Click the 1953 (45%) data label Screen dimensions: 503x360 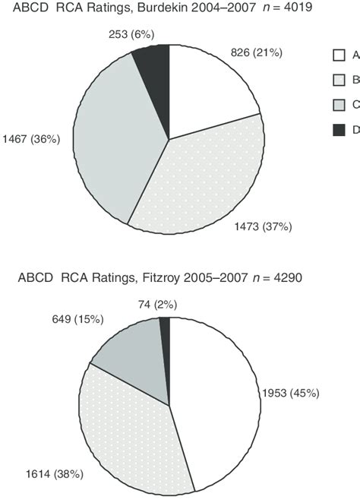292,394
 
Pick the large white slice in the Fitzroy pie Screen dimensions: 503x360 216,395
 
